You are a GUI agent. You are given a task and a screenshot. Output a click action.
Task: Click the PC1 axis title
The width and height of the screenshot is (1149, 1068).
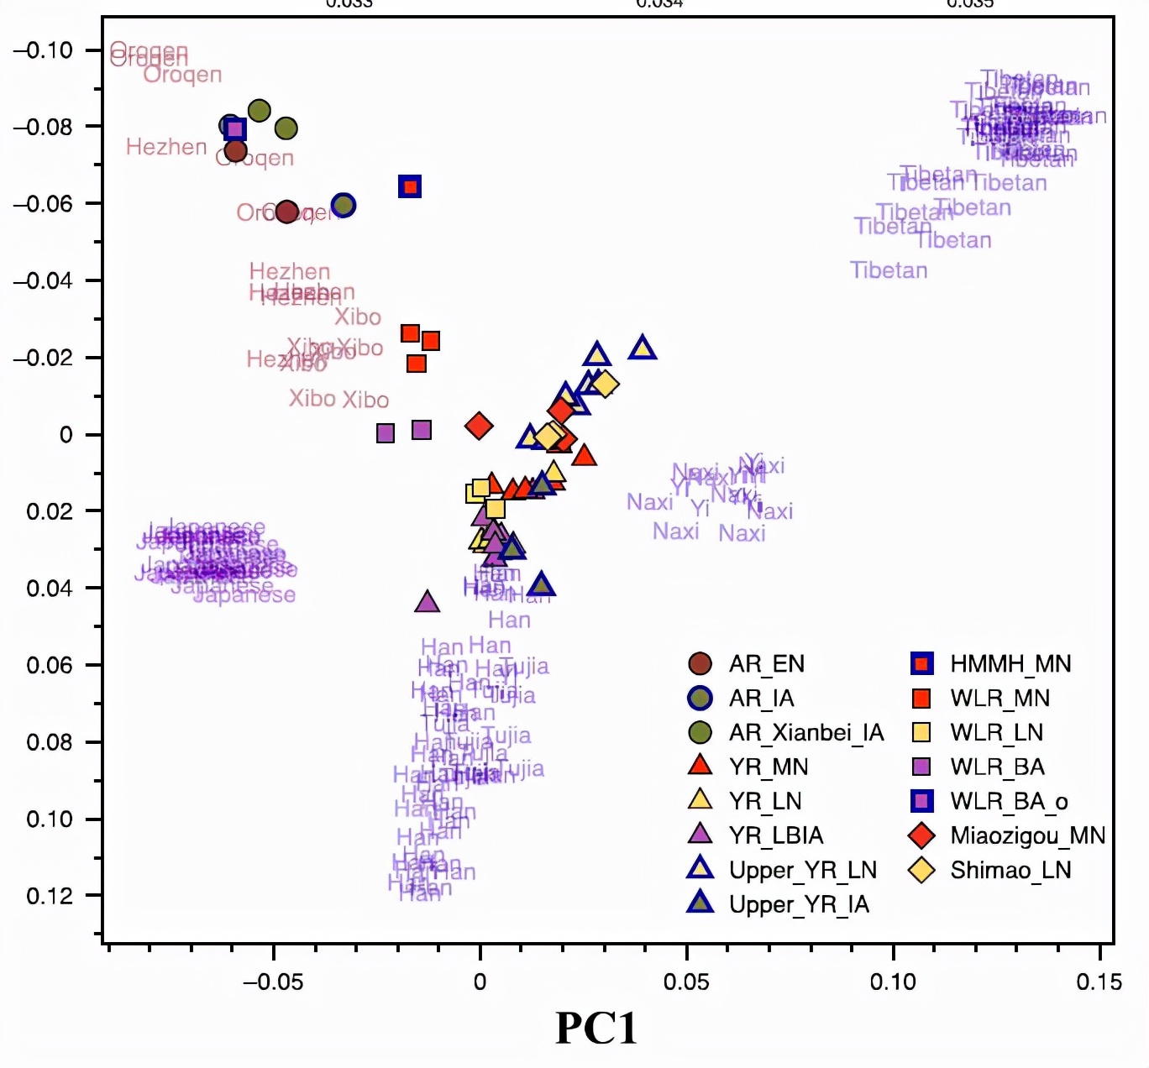[596, 1028]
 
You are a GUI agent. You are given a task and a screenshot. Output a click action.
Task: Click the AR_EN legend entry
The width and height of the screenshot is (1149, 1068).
[766, 664]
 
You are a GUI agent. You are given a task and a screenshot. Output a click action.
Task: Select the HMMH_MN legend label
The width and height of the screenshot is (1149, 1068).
[1010, 664]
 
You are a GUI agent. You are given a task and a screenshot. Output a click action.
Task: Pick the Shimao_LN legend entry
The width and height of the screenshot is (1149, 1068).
[1010, 871]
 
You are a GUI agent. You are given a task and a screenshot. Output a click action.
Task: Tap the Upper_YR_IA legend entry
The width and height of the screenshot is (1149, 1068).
[799, 904]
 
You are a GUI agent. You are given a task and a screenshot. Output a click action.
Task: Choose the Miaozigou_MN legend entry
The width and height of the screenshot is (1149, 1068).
[1027, 836]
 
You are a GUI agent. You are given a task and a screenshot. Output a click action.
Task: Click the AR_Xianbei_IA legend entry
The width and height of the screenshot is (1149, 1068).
[806, 733]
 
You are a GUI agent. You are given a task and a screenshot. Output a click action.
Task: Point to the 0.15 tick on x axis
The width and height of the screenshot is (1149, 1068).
[1099, 982]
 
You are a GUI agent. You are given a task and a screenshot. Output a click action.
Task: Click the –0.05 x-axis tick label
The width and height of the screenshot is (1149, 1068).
[272, 982]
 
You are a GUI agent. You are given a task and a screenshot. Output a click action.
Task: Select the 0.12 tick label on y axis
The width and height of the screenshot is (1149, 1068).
[50, 896]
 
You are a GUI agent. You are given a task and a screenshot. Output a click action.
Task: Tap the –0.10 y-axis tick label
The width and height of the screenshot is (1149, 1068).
[44, 50]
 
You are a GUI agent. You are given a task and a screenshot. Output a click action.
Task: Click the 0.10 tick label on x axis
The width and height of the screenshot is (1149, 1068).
[893, 982]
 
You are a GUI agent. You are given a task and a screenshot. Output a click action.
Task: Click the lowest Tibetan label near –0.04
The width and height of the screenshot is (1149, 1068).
[889, 270]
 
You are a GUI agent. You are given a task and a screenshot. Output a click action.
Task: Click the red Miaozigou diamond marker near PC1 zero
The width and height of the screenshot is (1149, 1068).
[479, 426]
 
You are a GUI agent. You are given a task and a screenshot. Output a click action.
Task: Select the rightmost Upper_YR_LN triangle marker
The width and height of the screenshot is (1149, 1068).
[643, 348]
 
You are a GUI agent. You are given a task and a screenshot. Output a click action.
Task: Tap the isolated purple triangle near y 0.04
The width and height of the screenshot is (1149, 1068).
[428, 601]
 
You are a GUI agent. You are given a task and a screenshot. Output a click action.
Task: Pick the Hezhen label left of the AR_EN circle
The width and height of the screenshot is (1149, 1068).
[166, 147]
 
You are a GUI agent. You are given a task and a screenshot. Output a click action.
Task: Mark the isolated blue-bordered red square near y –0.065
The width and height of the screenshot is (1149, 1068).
[410, 186]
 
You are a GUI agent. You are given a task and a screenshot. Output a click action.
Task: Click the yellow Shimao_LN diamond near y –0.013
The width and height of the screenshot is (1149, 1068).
[605, 385]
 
